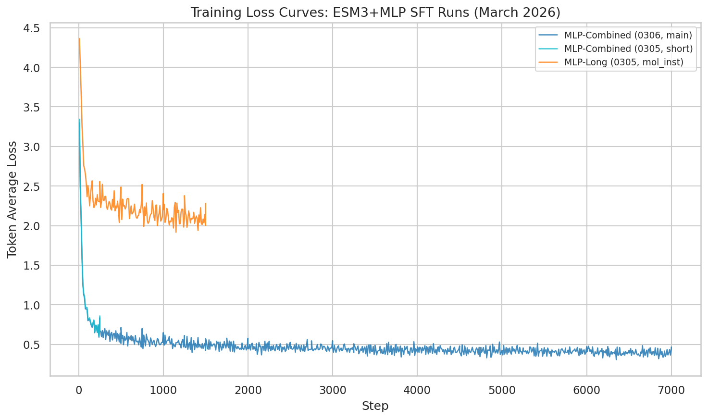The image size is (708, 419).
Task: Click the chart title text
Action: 375,12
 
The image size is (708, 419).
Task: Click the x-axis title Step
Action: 375,406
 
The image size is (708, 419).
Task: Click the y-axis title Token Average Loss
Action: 12,199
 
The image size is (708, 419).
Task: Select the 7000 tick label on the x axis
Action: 671,391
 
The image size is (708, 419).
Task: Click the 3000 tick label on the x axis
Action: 333,391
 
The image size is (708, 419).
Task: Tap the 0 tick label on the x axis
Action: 79,391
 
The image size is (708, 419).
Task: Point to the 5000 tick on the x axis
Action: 502,391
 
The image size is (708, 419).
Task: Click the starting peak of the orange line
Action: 79,39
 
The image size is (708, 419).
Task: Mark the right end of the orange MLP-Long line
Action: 206,224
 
